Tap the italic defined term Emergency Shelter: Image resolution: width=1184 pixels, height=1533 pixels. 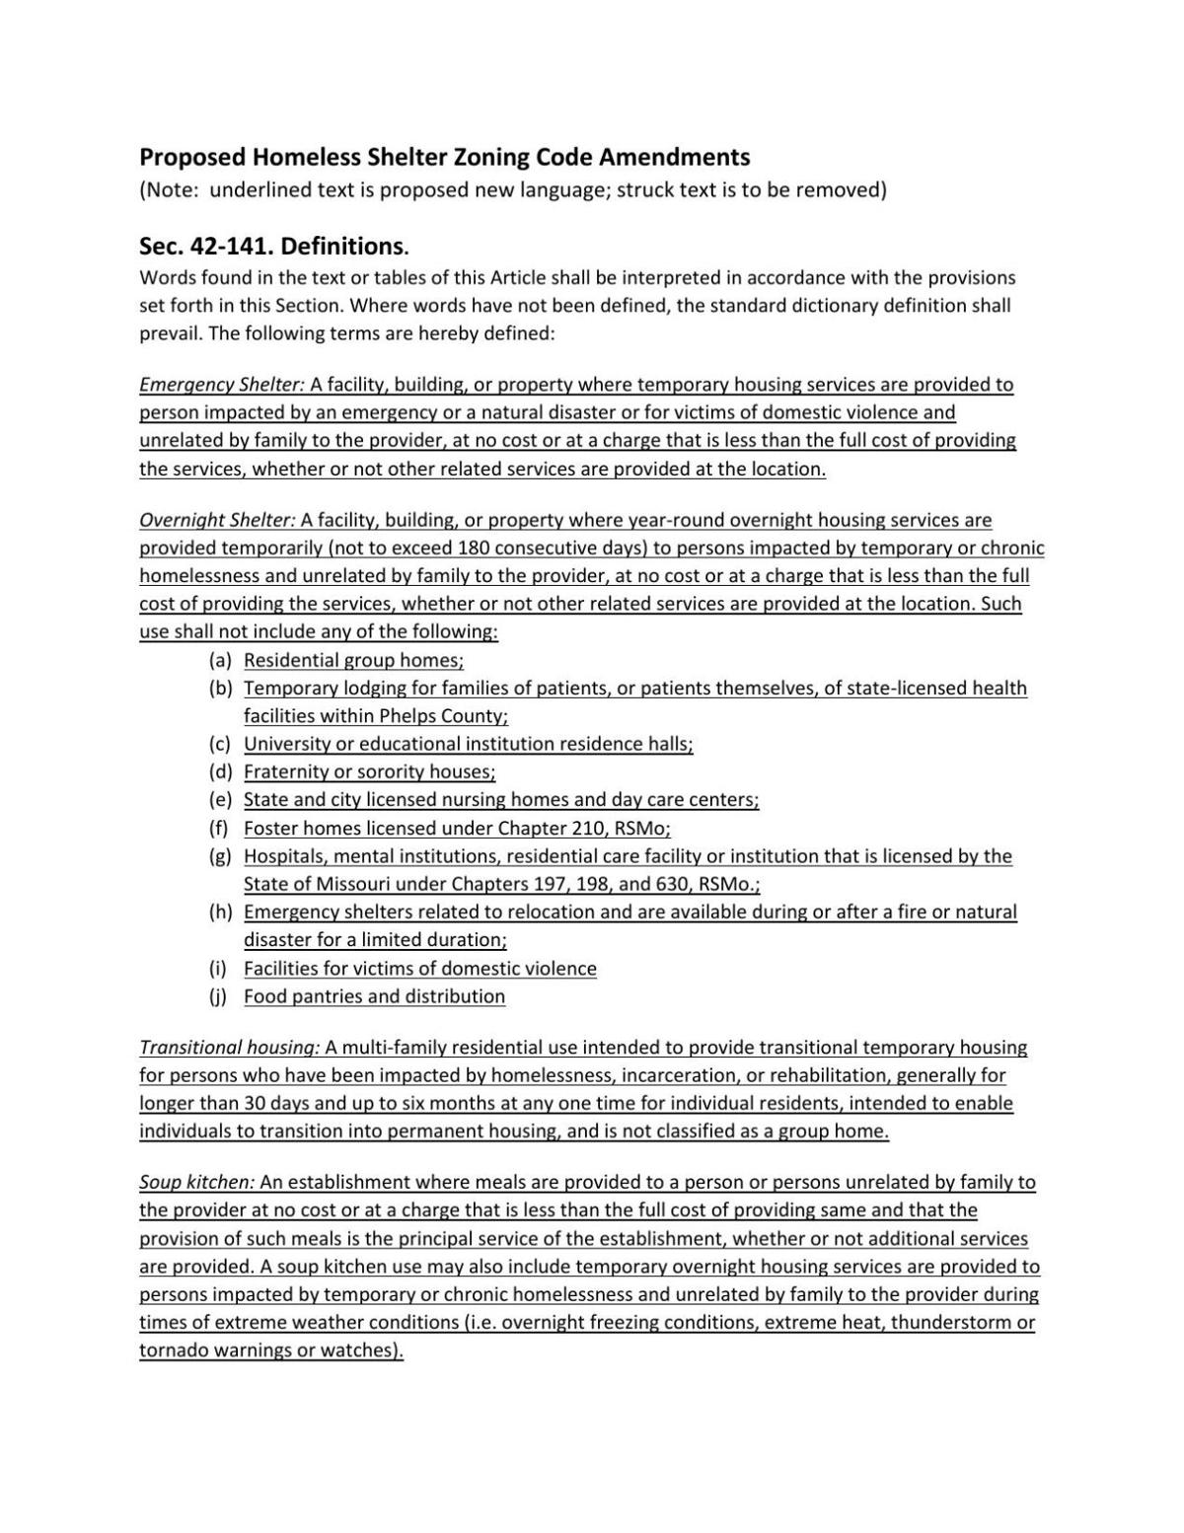[x=222, y=385]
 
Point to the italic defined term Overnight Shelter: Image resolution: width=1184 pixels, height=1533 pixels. [x=217, y=520]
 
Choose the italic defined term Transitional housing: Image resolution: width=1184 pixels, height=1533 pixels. [x=229, y=1048]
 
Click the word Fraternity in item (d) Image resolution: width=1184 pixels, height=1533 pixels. [x=286, y=772]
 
